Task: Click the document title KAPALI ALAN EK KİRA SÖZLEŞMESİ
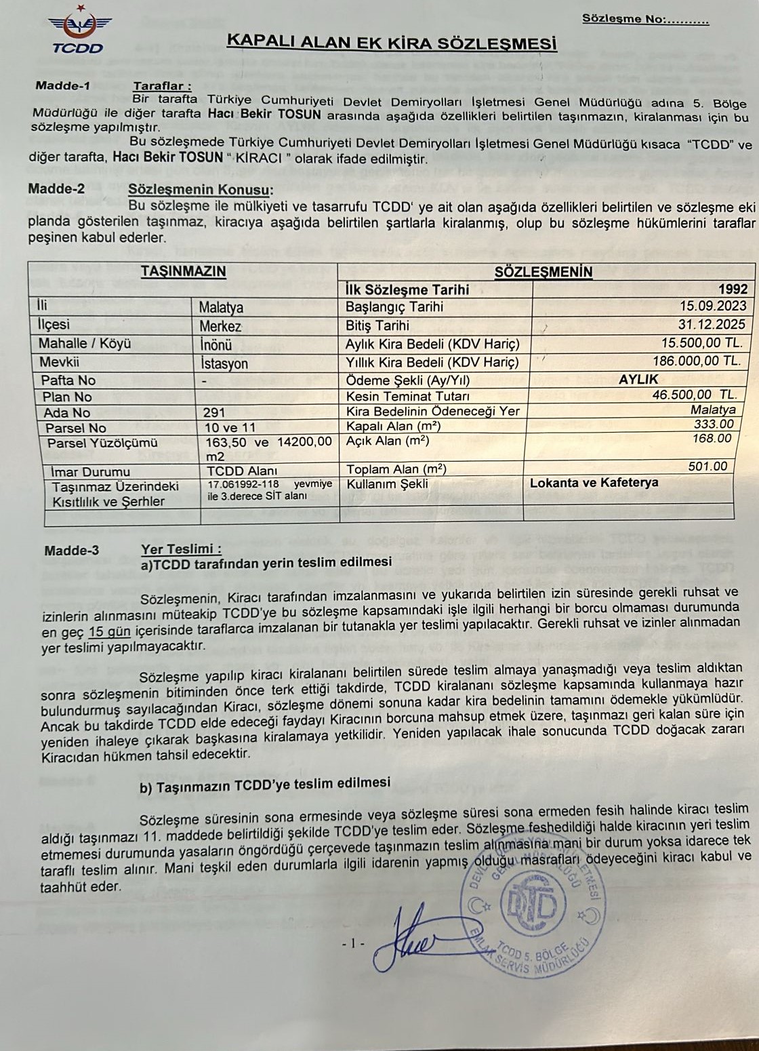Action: click(391, 44)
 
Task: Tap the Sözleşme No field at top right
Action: click(644, 19)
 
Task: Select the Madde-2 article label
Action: click(56, 189)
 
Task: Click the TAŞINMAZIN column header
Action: click(183, 271)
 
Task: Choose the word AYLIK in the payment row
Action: click(638, 379)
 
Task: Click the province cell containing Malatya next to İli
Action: click(221, 308)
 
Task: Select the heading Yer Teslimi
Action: click(181, 549)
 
